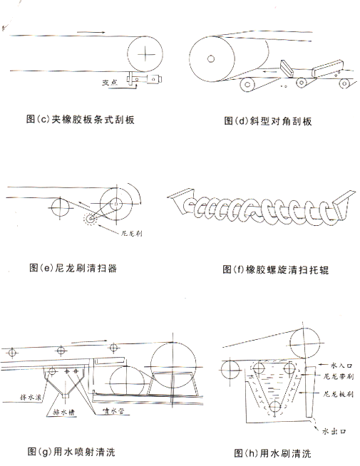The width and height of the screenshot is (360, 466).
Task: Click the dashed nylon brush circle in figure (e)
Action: tap(89, 218)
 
